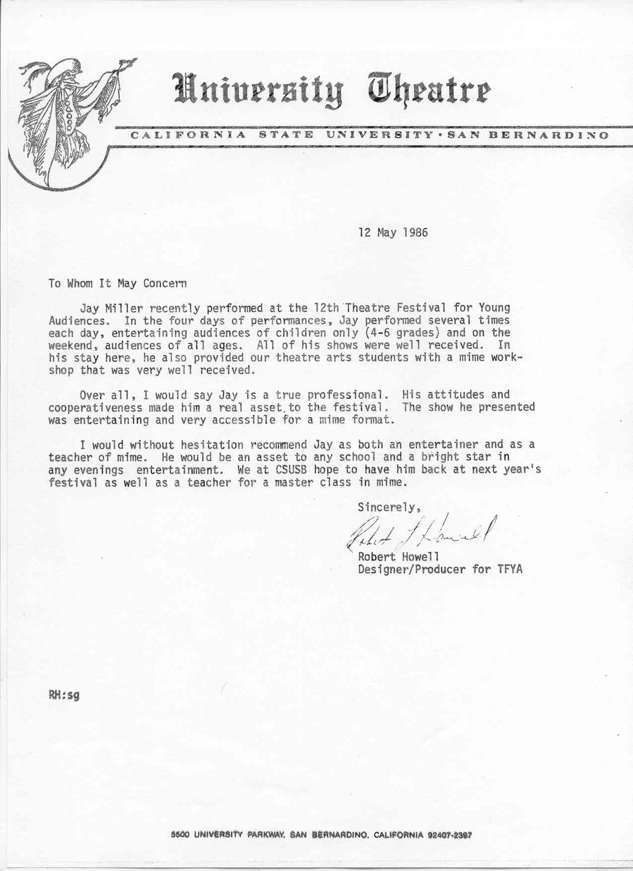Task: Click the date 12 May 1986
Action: pos(393,232)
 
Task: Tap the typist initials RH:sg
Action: pos(64,695)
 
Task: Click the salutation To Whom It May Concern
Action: pos(118,283)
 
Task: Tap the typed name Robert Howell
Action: pos(398,557)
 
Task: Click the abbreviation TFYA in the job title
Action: pos(510,569)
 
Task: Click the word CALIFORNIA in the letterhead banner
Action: pos(188,135)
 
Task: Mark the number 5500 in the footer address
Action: pos(180,835)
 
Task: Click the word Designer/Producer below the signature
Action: pos(412,569)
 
